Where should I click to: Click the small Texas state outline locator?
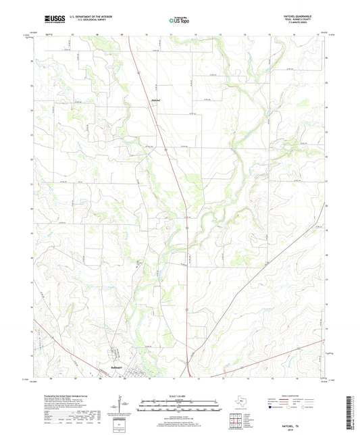240,401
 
